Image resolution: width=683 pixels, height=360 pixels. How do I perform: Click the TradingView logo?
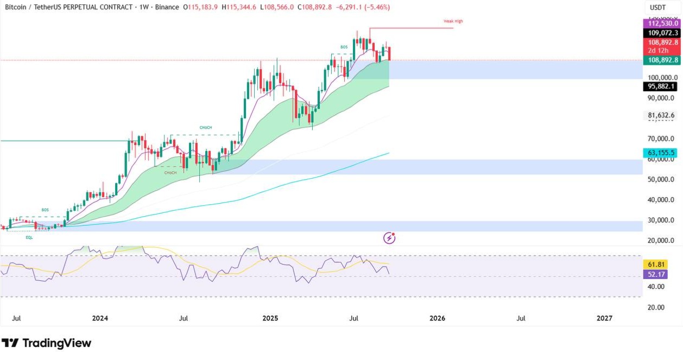[47, 343]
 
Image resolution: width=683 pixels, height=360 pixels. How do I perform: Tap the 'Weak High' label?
[453, 21]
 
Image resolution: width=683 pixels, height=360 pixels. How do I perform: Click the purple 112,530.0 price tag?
[661, 23]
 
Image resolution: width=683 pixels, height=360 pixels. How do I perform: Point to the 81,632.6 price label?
[661, 115]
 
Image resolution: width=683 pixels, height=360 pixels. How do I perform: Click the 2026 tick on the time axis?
[437, 318]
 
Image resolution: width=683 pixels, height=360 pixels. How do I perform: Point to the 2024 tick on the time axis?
[100, 318]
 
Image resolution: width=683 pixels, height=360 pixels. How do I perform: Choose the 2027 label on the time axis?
[604, 318]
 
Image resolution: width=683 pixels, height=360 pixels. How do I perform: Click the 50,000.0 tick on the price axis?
[661, 179]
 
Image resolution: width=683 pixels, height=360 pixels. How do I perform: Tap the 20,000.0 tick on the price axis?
[661, 241]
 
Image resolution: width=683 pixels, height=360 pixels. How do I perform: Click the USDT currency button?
[657, 8]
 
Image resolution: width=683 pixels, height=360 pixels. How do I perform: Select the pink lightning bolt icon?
[389, 237]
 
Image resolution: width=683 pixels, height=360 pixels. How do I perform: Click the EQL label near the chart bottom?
[29, 237]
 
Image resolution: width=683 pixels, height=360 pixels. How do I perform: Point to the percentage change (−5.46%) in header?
[374, 7]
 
